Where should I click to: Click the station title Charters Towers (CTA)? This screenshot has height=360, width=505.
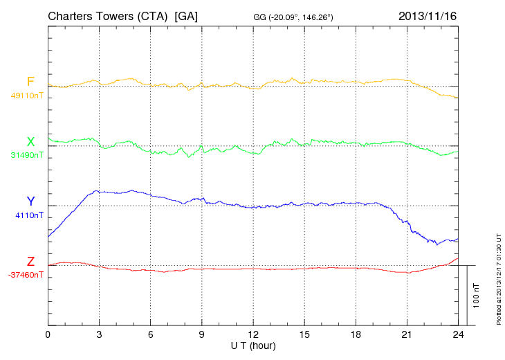108,15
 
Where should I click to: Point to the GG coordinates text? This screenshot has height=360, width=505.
294,16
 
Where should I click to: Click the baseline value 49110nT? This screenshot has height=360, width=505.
26,96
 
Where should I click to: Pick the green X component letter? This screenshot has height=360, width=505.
30,142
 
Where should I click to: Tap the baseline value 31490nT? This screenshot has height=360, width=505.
26,155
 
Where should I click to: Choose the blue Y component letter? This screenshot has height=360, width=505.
30,201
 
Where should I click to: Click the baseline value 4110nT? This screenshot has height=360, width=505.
29,215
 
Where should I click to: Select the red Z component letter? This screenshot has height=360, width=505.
30,262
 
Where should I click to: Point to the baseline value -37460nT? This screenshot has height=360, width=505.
26,275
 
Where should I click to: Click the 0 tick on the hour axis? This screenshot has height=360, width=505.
48,334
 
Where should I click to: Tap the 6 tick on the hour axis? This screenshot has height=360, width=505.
150,334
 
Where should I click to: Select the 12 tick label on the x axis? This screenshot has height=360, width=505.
253,334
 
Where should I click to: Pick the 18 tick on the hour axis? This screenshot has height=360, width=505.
356,334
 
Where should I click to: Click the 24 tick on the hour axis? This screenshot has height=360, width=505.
458,334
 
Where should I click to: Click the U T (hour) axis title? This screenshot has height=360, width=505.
253,345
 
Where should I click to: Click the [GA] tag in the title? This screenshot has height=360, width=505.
187,15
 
